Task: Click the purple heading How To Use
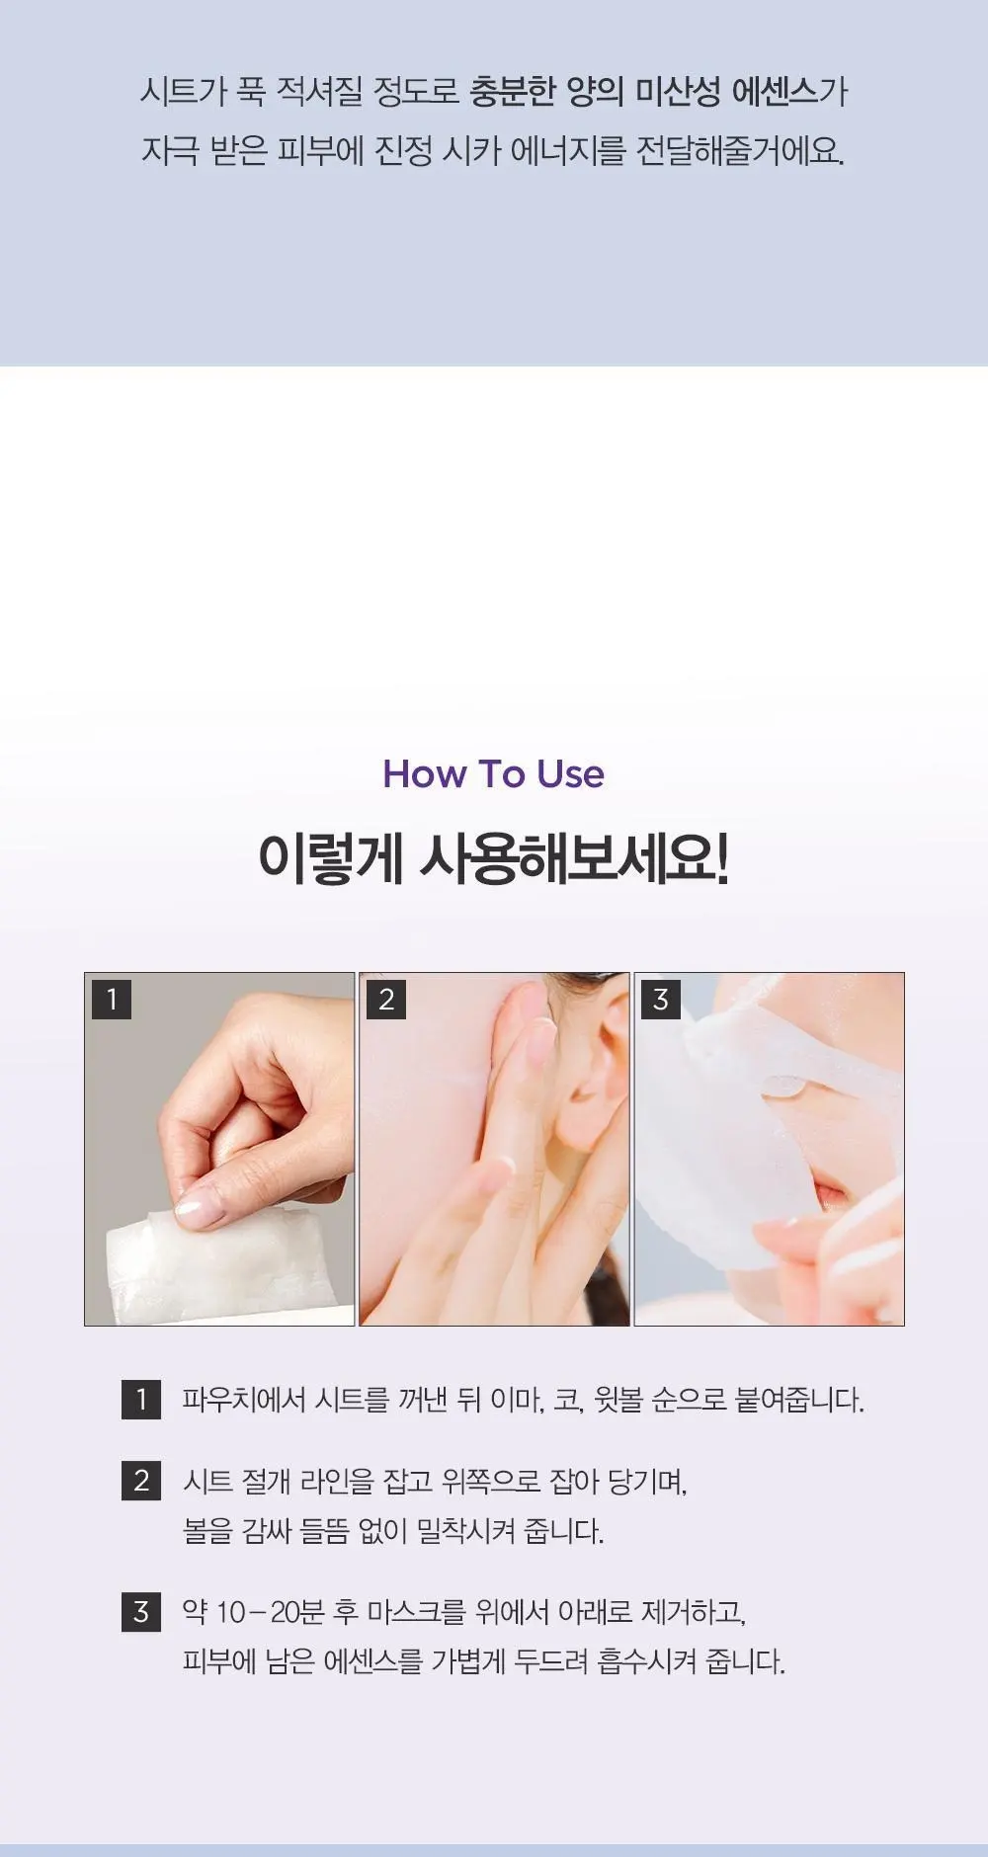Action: click(493, 773)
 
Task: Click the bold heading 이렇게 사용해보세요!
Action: click(493, 858)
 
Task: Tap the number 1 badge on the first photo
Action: click(112, 999)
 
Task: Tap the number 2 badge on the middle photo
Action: click(386, 999)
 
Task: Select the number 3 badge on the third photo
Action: click(661, 999)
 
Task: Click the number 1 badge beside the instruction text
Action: click(141, 1400)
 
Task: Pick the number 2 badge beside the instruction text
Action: click(141, 1481)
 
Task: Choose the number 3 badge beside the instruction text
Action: click(141, 1612)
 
